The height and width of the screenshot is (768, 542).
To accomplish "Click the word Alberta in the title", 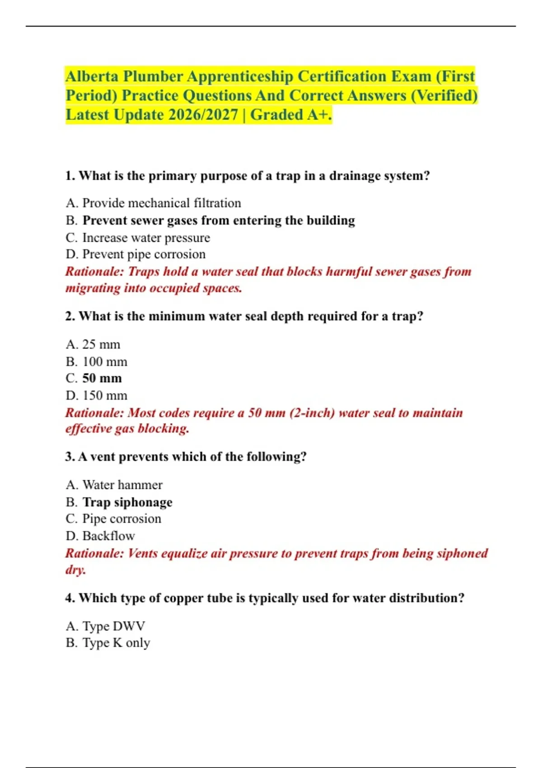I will (x=92, y=77).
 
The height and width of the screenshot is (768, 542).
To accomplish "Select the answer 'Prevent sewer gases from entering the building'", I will (x=219, y=220).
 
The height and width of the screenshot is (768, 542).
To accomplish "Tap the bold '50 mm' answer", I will (x=102, y=379).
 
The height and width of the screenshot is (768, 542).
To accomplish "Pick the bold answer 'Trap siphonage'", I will (x=127, y=502).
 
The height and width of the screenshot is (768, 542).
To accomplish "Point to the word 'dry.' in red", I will (x=75, y=570).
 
